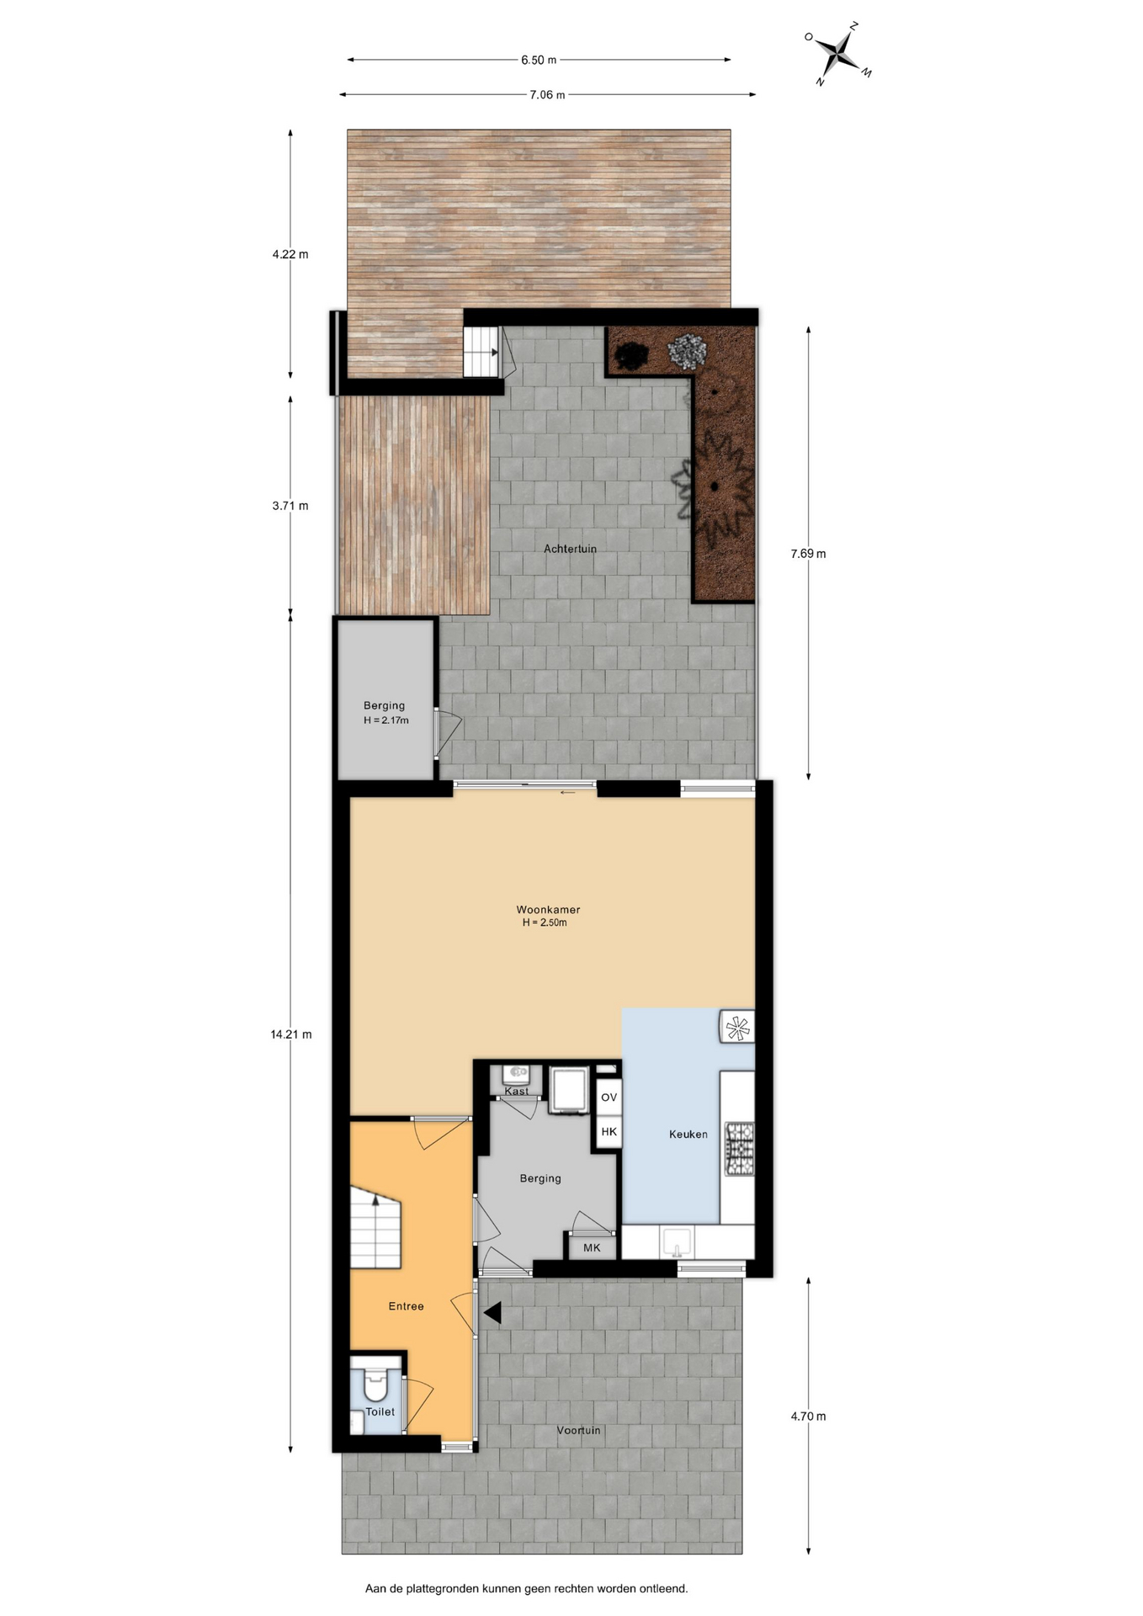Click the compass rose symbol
pyautogui.click(x=838, y=54)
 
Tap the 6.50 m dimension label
pyautogui.click(x=539, y=60)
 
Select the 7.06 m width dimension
pyautogui.click(x=547, y=94)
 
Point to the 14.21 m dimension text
pyautogui.click(x=291, y=1034)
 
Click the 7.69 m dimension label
pyautogui.click(x=808, y=554)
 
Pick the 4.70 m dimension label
pyautogui.click(x=808, y=1417)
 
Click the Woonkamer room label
pyautogui.click(x=548, y=910)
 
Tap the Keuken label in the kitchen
pyautogui.click(x=688, y=1135)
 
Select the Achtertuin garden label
pyautogui.click(x=570, y=549)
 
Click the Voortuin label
pyautogui.click(x=578, y=1430)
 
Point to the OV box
pyautogui.click(x=609, y=1098)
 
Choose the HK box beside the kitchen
pyautogui.click(x=609, y=1132)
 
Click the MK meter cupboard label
pyautogui.click(x=592, y=1247)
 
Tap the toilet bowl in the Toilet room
pyautogui.click(x=376, y=1382)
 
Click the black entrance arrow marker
pyautogui.click(x=492, y=1312)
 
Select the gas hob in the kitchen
pyautogui.click(x=740, y=1149)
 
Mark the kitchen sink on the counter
pyautogui.click(x=677, y=1241)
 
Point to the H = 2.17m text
pyautogui.click(x=385, y=720)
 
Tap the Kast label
pyautogui.click(x=517, y=1092)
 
